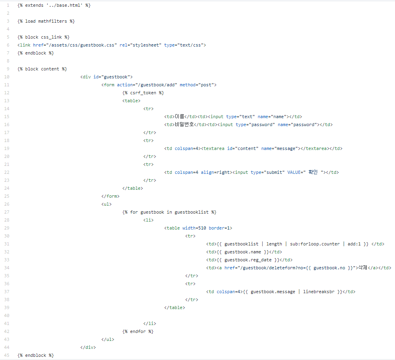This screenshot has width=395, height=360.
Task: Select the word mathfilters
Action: coord(52,21)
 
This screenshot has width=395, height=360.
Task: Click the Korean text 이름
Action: coord(180,117)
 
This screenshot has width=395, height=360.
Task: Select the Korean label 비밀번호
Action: coord(184,125)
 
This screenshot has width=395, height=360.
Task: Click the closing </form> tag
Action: coord(110,196)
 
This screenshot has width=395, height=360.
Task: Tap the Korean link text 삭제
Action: coord(362,268)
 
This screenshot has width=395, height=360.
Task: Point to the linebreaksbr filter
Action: coord(319,292)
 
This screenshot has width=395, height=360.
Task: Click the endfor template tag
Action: coord(138,331)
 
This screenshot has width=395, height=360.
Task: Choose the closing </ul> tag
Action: coord(108,339)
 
